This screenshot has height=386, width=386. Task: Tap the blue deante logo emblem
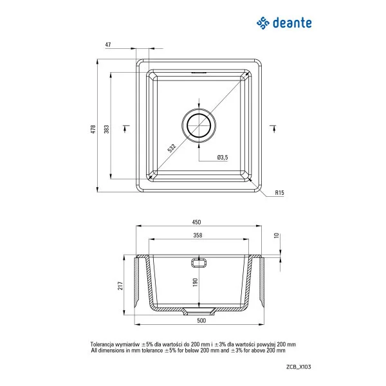tap(262, 24)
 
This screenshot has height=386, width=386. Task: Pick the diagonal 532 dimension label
tap(172, 147)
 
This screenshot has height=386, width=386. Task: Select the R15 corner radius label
tap(279, 192)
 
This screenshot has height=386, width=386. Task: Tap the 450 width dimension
tap(196, 223)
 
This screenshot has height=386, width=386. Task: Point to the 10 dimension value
tap(277, 235)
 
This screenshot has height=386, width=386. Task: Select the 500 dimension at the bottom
tap(201, 320)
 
